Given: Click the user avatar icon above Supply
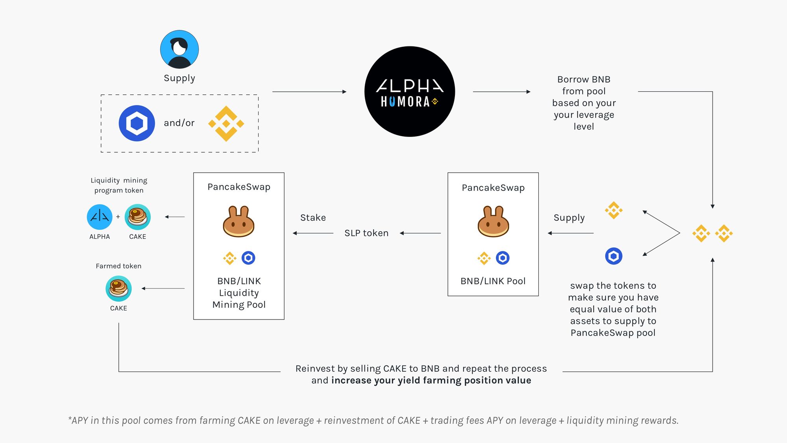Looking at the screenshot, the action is click(179, 49).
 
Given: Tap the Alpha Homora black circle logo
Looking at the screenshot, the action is click(410, 92).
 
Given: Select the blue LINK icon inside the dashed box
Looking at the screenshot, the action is click(137, 123).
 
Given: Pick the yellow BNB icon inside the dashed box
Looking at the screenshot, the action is click(226, 124).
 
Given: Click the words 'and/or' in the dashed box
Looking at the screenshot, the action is click(179, 123).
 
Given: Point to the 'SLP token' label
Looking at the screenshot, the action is click(366, 233).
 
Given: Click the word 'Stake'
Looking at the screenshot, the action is click(313, 218).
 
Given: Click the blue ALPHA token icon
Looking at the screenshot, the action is click(100, 217).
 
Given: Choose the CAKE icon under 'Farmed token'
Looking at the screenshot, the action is click(118, 288).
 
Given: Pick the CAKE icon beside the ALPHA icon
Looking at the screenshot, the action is click(138, 217).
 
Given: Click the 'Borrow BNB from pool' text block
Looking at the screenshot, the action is click(584, 103).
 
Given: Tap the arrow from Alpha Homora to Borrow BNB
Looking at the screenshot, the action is click(502, 92).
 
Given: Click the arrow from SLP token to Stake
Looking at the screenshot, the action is click(313, 233).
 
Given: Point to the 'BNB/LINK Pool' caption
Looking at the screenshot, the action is click(493, 281).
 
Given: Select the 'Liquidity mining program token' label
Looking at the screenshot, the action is click(119, 185).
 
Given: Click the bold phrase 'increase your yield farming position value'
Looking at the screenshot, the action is click(431, 380).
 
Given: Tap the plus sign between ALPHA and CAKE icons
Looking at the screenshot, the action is click(118, 217).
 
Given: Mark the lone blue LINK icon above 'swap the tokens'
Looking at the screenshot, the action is click(613, 256).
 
